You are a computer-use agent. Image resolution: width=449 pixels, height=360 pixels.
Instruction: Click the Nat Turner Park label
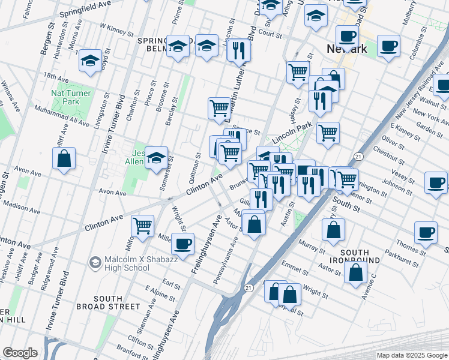click(71, 97)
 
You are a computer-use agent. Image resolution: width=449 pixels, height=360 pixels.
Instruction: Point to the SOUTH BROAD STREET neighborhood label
click(108, 302)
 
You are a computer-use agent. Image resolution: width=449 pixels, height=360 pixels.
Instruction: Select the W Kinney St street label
click(117, 28)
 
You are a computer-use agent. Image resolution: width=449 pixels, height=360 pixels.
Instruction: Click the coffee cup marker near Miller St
click(183, 243)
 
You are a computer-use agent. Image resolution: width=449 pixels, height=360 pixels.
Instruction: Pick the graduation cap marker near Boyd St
click(91, 61)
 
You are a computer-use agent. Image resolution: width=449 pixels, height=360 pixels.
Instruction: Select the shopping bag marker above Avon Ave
click(64, 159)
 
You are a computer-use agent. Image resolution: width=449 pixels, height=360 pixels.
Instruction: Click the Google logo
click(20, 353)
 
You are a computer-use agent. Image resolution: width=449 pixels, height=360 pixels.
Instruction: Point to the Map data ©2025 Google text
click(412, 355)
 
